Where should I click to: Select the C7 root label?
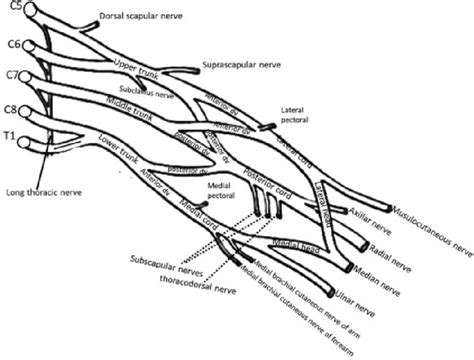pyautogui.click(x=11, y=75)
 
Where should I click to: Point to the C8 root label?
pyautogui.click(x=11, y=108)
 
